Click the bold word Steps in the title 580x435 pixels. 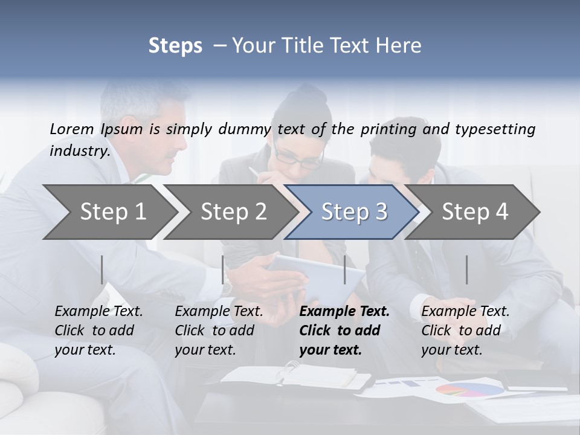coord(175,46)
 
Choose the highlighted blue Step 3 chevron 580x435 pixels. coord(354,211)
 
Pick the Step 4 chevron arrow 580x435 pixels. coord(475,211)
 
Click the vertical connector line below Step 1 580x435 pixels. coord(102,269)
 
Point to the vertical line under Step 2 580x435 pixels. coord(223,269)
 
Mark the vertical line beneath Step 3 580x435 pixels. coord(344,269)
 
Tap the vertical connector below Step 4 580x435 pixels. coord(466,269)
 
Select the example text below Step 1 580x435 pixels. coord(98,330)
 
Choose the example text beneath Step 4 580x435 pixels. coord(465,330)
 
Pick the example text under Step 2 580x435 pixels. coord(218,330)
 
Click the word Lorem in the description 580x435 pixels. coord(72,129)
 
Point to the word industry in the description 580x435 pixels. coord(79,150)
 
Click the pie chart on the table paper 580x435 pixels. coord(469,390)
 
